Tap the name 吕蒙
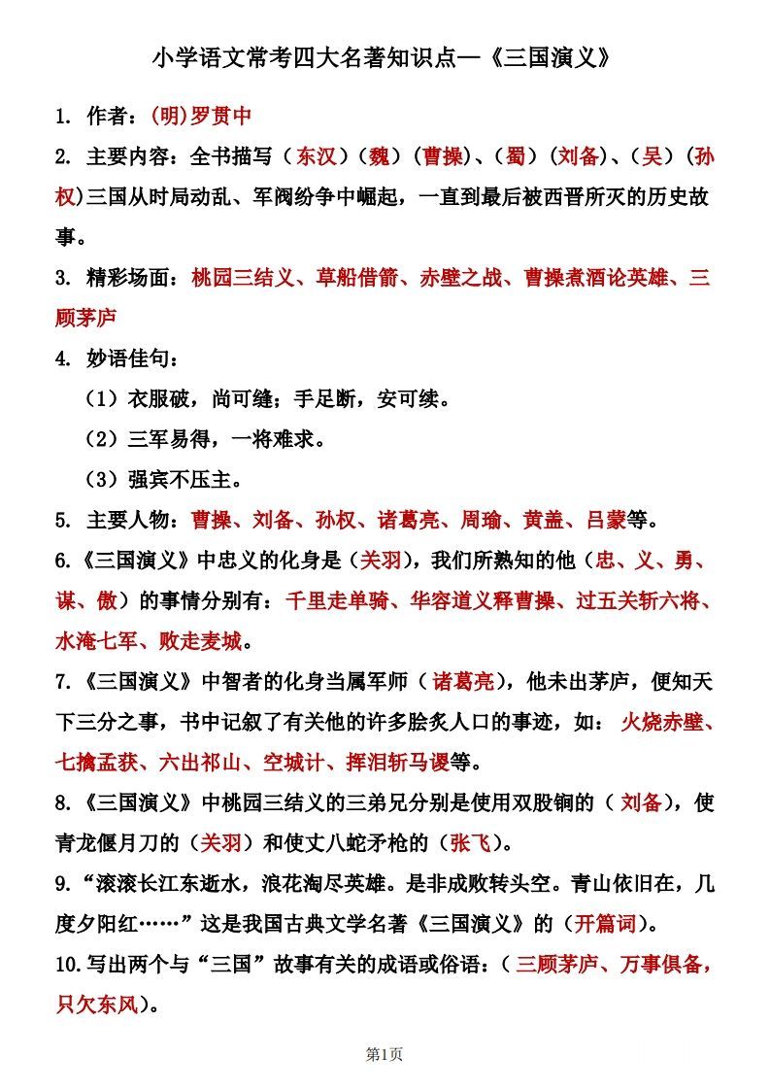tap(606, 520)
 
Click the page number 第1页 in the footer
tap(385, 1054)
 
